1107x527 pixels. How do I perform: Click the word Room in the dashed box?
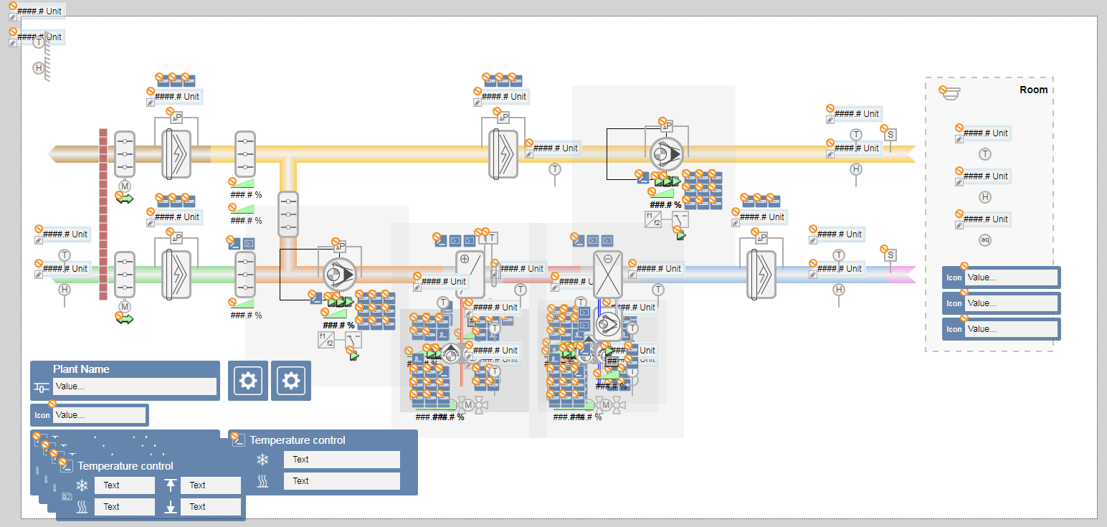click(x=1033, y=90)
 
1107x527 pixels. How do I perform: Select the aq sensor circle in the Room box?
click(x=985, y=240)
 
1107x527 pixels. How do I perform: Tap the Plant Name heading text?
click(x=81, y=369)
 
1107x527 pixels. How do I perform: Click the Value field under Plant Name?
click(x=134, y=386)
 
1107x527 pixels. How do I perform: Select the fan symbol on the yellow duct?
click(x=667, y=153)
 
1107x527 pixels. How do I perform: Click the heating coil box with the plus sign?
click(x=470, y=274)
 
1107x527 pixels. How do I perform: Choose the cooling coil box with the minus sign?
click(x=608, y=274)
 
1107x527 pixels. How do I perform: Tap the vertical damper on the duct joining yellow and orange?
click(x=288, y=214)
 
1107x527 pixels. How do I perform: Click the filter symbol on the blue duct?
click(x=761, y=274)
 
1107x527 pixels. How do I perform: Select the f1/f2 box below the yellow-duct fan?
click(x=653, y=219)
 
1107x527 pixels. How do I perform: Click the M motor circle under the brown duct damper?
click(x=125, y=186)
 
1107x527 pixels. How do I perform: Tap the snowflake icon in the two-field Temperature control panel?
click(x=262, y=460)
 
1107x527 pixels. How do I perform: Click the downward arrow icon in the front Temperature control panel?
click(x=171, y=508)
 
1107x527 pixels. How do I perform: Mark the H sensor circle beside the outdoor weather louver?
click(x=39, y=68)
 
